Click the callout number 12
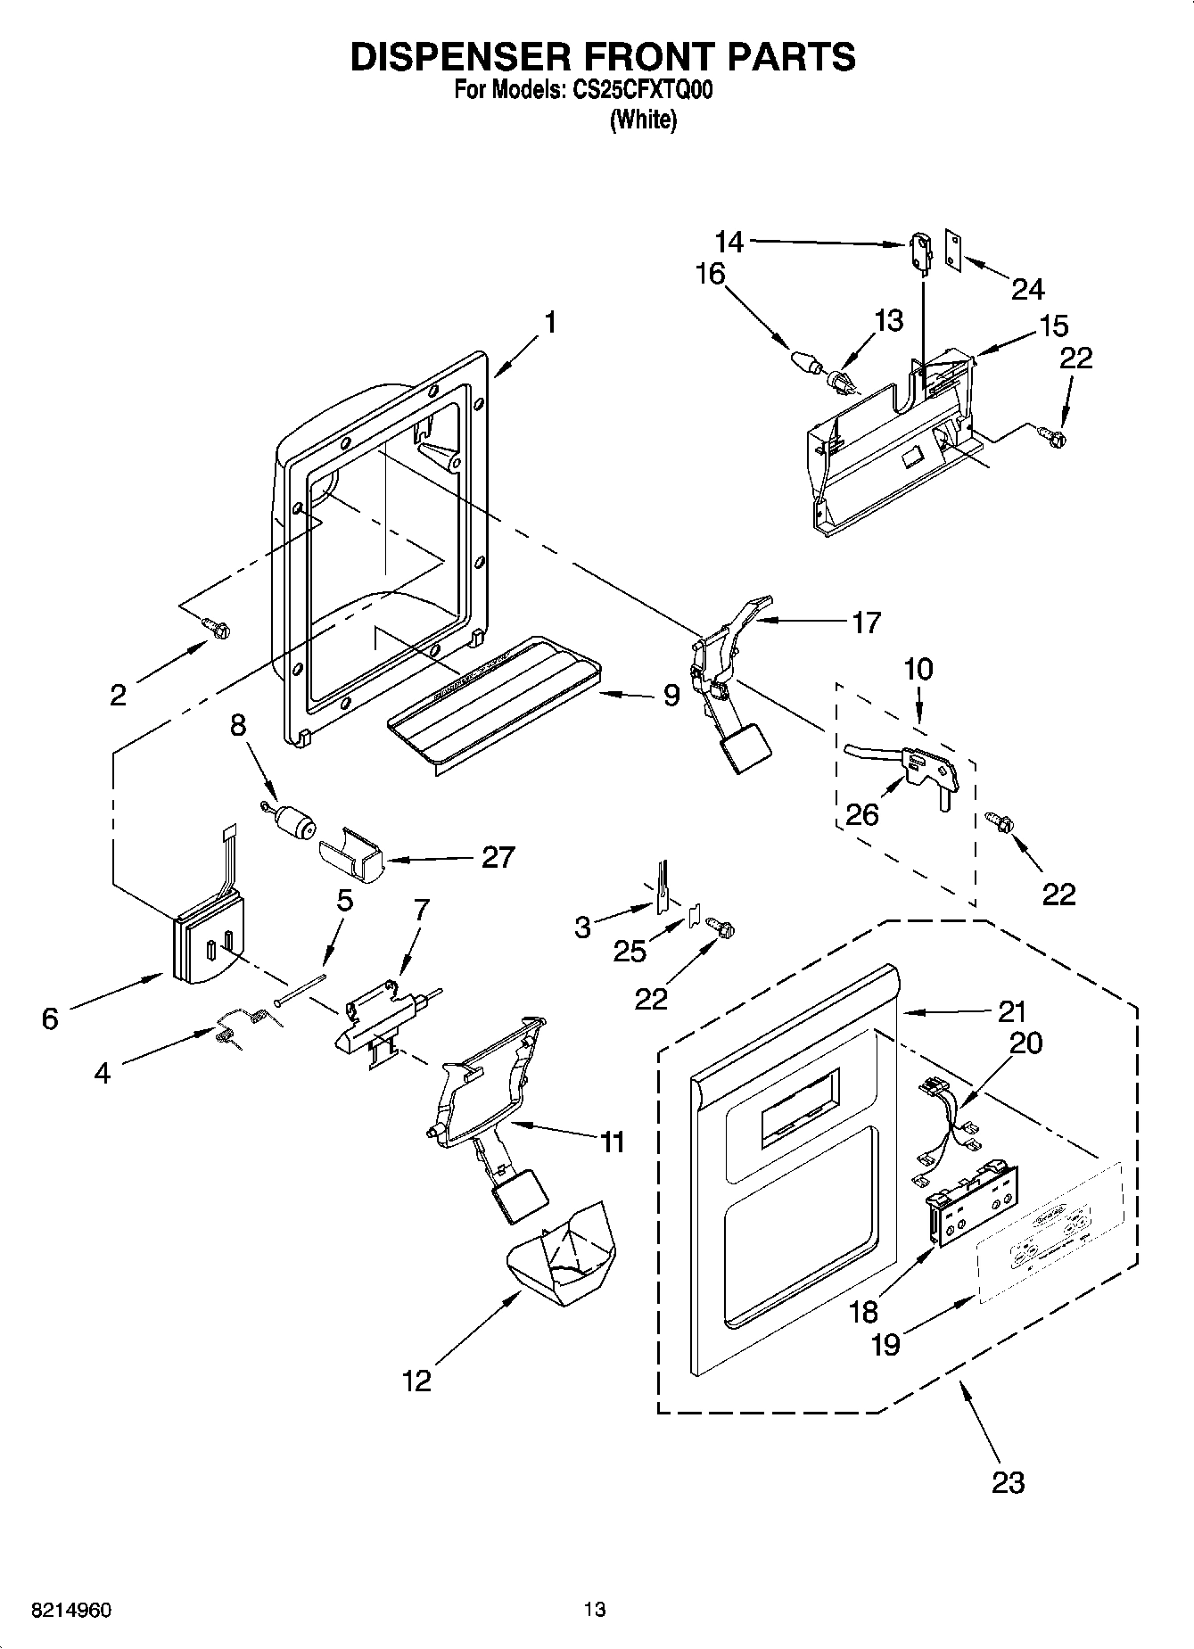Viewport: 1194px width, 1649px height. tap(416, 1381)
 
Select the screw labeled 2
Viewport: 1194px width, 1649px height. tap(217, 628)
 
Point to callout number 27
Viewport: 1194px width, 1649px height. tap(498, 857)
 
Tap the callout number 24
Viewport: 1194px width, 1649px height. tap(1027, 289)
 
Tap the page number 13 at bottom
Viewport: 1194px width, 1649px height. tap(595, 1610)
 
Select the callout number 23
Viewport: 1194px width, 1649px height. tap(1008, 1482)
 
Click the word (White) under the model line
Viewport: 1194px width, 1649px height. tap(643, 120)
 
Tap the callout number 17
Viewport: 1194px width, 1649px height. tap(866, 622)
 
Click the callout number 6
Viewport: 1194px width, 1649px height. tap(50, 1018)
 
